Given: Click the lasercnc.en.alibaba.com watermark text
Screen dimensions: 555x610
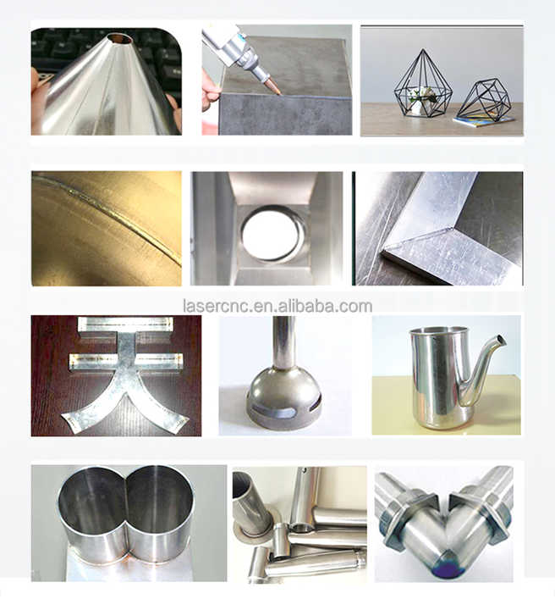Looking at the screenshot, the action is (x=277, y=307).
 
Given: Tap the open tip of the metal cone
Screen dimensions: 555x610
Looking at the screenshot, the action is (x=121, y=38).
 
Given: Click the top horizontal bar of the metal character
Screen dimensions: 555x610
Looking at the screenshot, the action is (x=125, y=324).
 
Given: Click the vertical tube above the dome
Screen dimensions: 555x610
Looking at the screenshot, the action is (x=283, y=342).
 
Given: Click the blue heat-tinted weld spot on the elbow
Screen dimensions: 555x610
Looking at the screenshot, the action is (x=448, y=568).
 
